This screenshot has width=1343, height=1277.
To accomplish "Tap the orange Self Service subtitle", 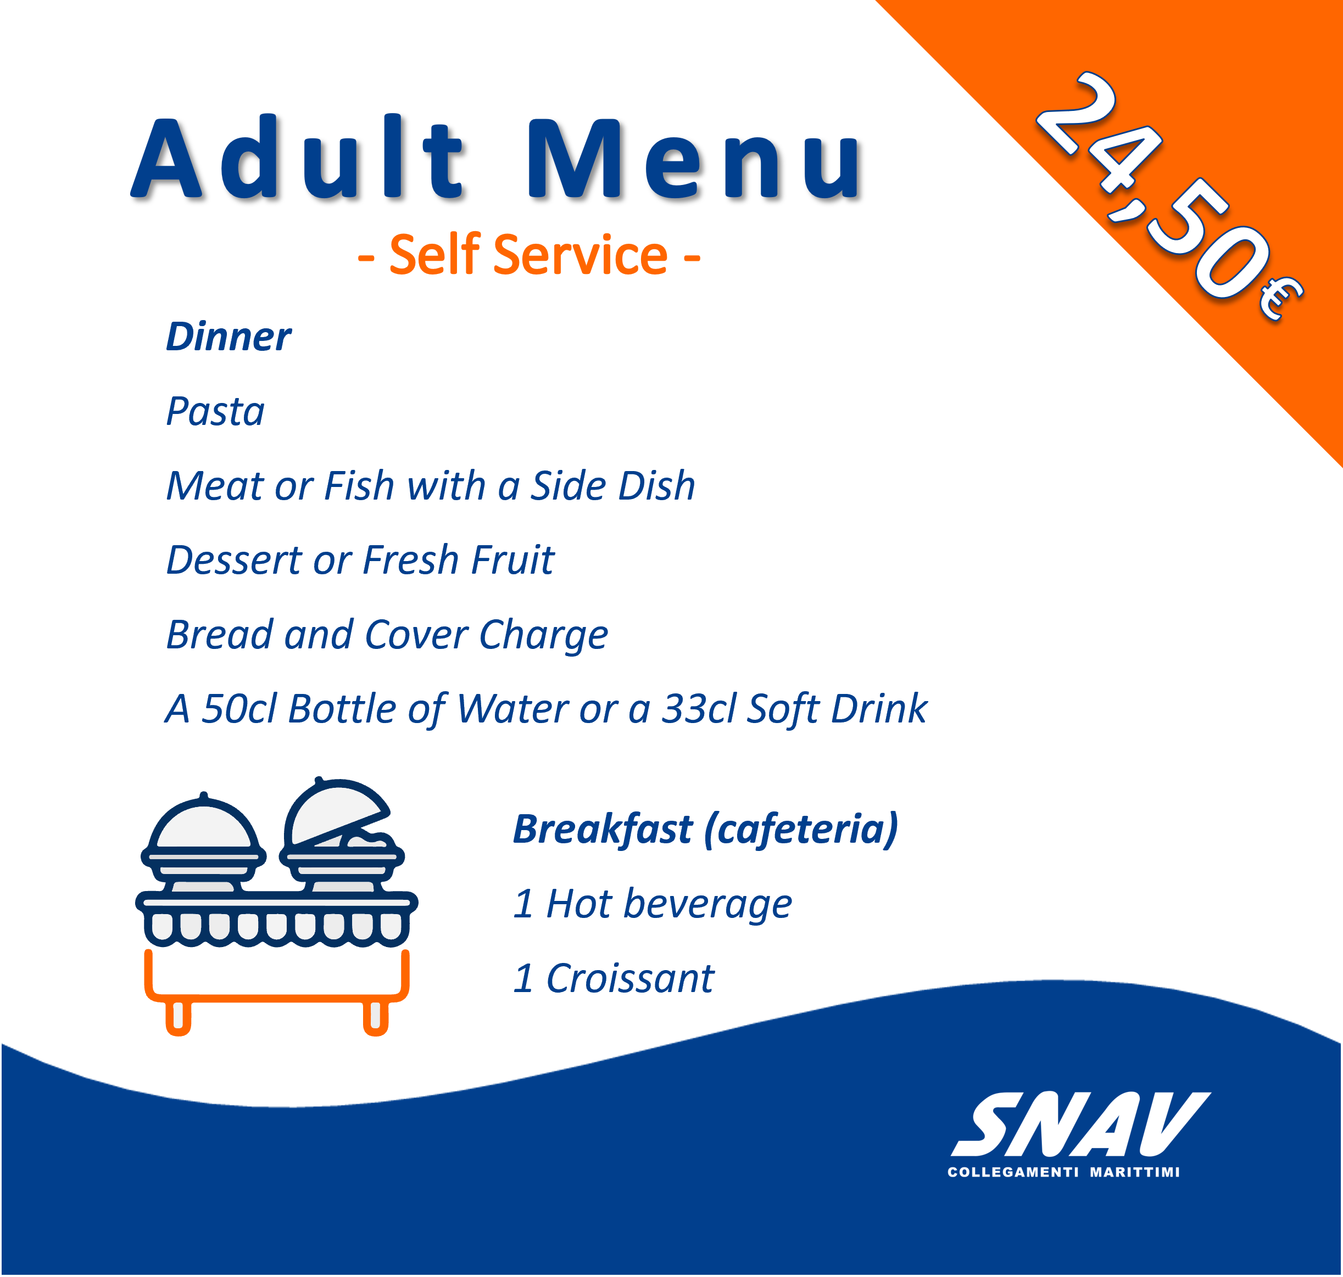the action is tap(528, 255).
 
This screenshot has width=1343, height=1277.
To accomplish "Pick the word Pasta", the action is tap(215, 411).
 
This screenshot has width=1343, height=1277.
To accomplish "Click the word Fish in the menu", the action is tap(360, 485).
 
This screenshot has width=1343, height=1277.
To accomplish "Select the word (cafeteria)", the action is tap(801, 830).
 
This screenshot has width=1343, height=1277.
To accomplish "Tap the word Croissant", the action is tap(630, 978).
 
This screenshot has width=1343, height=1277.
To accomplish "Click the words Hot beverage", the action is tap(669, 904).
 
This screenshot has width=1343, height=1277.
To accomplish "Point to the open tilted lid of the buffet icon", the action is tap(335, 811).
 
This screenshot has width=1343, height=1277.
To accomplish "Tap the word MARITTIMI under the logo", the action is tap(1135, 1172).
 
